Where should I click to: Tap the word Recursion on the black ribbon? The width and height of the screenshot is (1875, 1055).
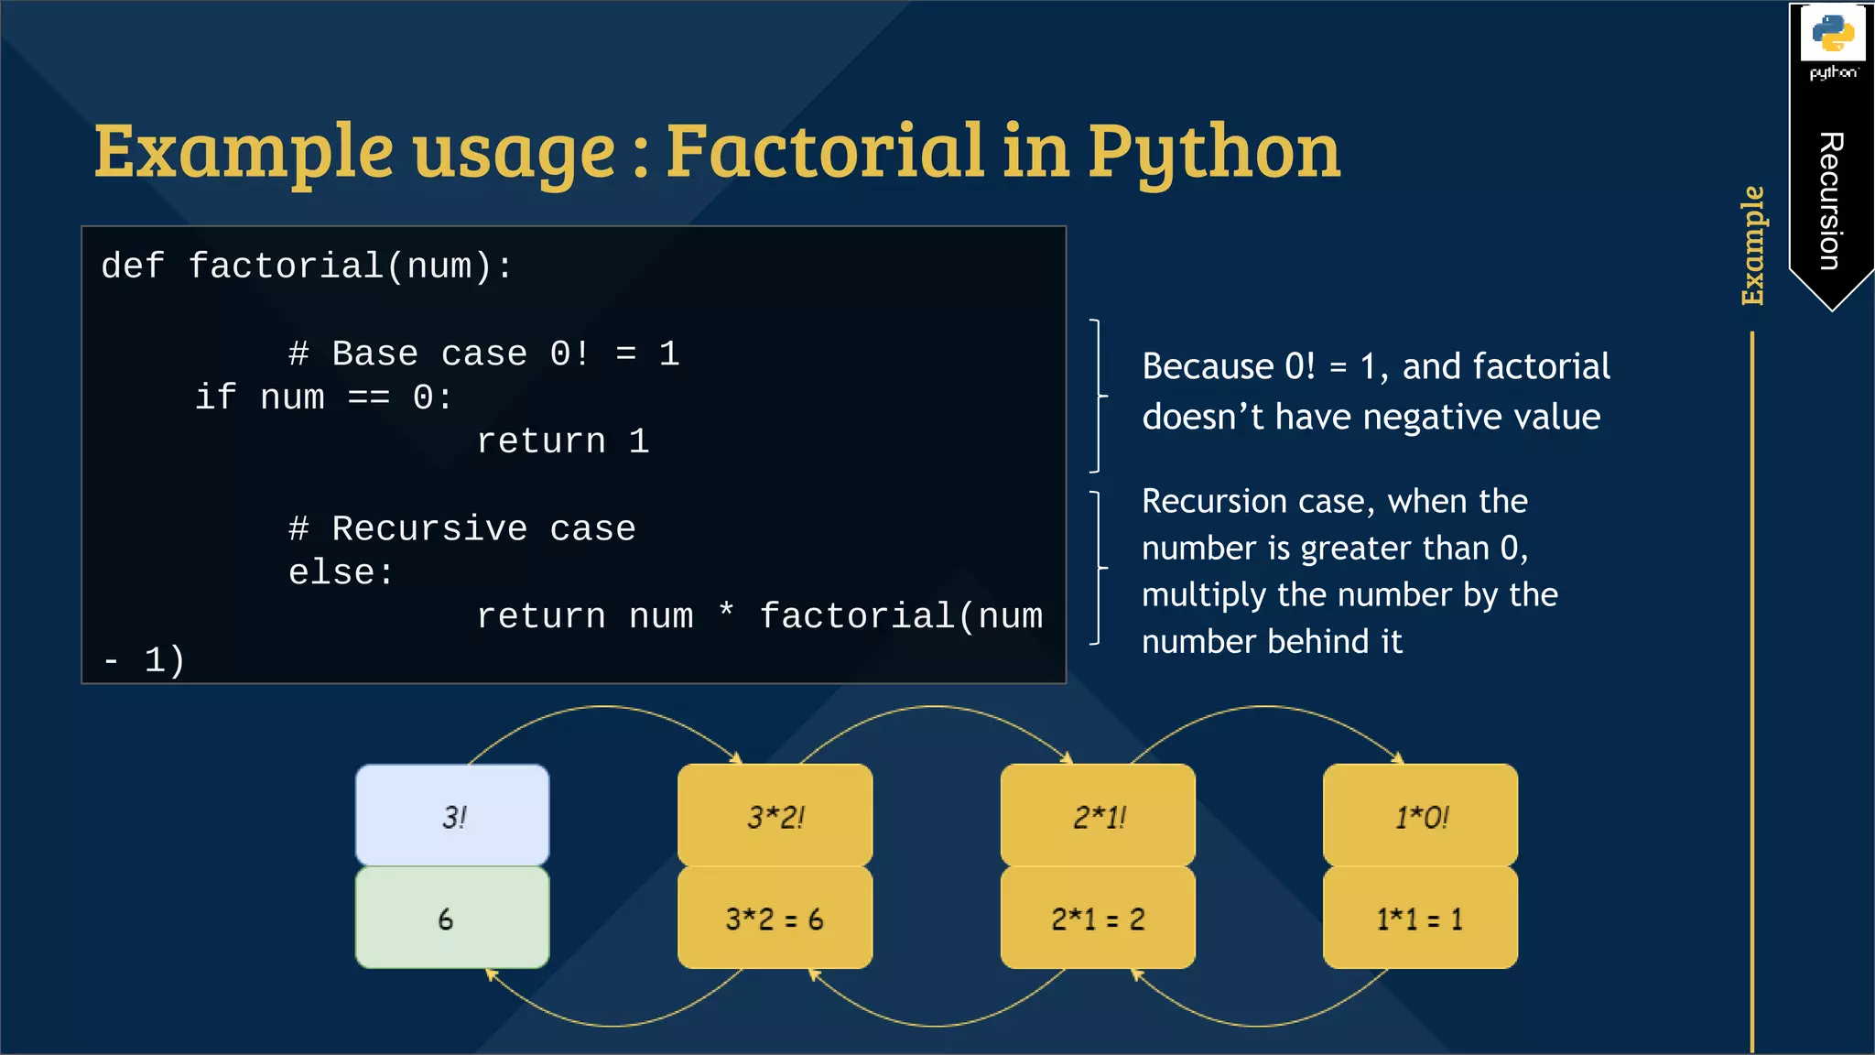[x=1830, y=201]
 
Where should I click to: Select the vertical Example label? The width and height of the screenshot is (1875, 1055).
[x=1752, y=245]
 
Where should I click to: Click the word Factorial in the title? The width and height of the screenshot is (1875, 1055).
[x=823, y=151]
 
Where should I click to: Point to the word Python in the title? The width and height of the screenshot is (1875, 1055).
[x=1213, y=153]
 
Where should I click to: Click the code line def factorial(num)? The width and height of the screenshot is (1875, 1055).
[x=307, y=266]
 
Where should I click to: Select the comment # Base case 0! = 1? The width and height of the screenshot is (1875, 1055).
[x=483, y=353]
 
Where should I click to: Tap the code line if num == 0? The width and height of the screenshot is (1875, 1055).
[x=324, y=397]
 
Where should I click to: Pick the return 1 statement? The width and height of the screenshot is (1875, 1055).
[x=562, y=441]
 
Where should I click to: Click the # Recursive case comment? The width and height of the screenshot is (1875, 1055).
[x=461, y=528]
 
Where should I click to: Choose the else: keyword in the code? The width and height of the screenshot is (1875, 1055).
[x=341, y=572]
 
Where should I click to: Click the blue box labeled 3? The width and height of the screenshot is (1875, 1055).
[x=453, y=815]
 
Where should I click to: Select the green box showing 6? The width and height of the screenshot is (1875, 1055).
[x=453, y=919]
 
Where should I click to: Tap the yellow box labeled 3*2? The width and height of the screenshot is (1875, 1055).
[x=775, y=815]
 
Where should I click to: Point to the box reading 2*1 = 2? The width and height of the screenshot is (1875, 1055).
[x=1098, y=919]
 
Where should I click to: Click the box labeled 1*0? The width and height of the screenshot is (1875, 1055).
[x=1420, y=815]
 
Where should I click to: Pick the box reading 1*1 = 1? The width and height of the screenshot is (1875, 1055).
[x=1420, y=919]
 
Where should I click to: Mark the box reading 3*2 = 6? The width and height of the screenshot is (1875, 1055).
[x=775, y=919]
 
